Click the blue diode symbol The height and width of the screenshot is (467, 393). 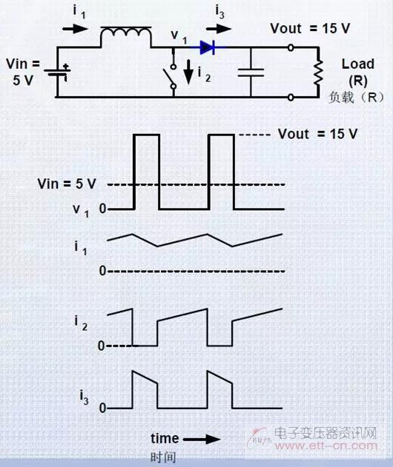(x=208, y=47)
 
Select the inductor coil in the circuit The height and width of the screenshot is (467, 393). (x=126, y=35)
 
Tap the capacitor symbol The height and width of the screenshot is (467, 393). (x=251, y=73)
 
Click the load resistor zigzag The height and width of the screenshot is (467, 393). (x=318, y=73)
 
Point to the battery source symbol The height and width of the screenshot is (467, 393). (x=57, y=73)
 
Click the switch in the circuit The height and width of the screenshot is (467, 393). (x=171, y=76)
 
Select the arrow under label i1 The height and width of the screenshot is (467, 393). (x=76, y=29)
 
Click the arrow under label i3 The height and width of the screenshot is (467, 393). (x=219, y=29)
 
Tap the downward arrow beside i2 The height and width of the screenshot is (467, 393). (x=188, y=72)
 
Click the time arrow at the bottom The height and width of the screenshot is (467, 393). (x=202, y=439)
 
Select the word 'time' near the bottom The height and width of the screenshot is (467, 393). (x=165, y=438)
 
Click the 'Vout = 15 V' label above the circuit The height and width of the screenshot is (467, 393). (x=310, y=29)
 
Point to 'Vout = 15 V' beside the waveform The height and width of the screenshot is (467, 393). (x=318, y=134)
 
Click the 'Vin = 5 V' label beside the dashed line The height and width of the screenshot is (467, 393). (x=67, y=184)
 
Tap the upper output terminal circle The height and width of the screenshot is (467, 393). (x=291, y=47)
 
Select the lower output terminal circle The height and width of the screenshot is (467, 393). (x=291, y=97)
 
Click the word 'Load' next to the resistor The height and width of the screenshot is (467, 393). (x=358, y=64)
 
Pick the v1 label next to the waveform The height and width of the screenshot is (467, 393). (x=81, y=211)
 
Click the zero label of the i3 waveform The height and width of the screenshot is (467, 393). (x=102, y=408)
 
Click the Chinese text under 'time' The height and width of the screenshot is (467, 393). (x=163, y=457)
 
